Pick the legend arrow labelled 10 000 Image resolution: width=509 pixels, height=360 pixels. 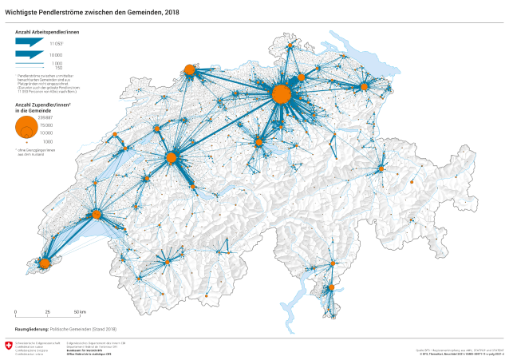(x=31, y=54)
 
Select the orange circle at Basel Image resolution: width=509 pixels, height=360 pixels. (x=190, y=70)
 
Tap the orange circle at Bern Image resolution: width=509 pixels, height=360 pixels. (x=171, y=158)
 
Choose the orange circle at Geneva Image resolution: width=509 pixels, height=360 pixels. (x=45, y=263)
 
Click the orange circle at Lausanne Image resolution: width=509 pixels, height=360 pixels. (x=97, y=214)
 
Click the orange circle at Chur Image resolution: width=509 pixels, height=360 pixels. (x=381, y=169)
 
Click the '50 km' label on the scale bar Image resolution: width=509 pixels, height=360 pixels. (x=79, y=312)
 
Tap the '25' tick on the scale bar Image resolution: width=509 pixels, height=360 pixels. (x=47, y=312)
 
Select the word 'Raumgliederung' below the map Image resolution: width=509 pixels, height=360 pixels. (x=26, y=328)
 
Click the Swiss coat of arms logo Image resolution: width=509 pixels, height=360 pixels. (x=9, y=346)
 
